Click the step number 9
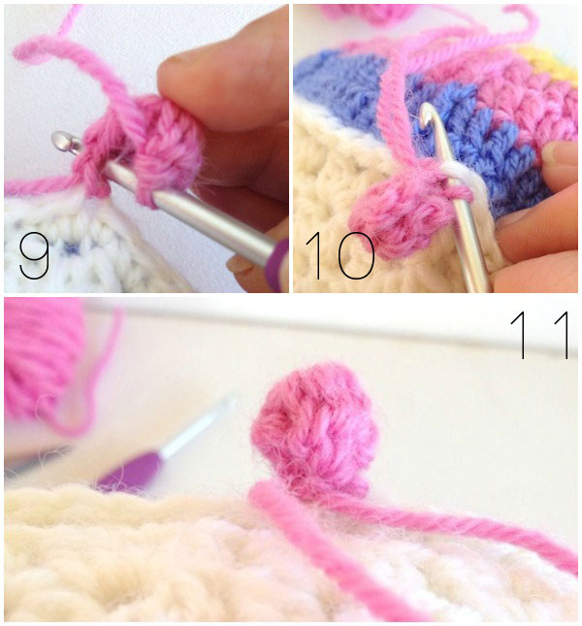(34, 255)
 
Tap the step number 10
(340, 255)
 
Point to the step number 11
(540, 335)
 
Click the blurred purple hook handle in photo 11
(130, 471)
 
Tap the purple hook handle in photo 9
(277, 264)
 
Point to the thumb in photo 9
(223, 80)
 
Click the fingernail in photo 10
(561, 153)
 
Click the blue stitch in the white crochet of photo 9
(71, 248)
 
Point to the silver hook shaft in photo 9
(191, 204)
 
